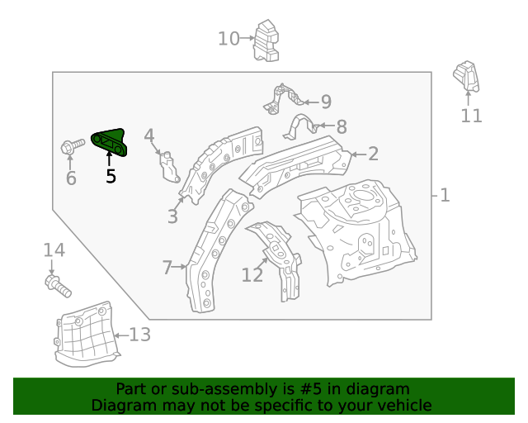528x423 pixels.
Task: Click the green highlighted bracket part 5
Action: (x=110, y=142)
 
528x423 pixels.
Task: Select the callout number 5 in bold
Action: (x=111, y=176)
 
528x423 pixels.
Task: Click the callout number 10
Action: (x=229, y=38)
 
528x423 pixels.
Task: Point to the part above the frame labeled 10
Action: (x=266, y=40)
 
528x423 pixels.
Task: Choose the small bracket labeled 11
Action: (x=466, y=78)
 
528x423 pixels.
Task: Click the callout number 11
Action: (x=471, y=116)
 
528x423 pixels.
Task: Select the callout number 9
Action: (x=326, y=102)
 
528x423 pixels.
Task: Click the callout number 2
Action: (x=373, y=154)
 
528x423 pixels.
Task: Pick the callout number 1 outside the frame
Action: (x=445, y=195)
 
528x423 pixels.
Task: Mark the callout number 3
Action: (x=172, y=217)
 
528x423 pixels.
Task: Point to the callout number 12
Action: (x=252, y=275)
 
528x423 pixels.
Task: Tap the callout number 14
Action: (x=54, y=250)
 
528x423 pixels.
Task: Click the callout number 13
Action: (x=139, y=335)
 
